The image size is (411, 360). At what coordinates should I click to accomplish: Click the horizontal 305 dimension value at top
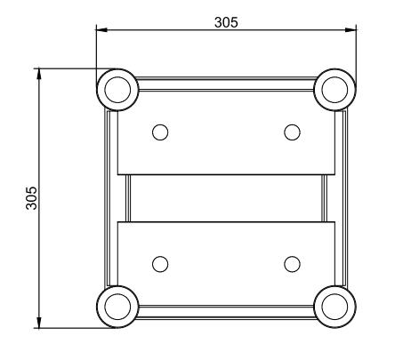(227, 22)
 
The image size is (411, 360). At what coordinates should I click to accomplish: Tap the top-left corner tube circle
(117, 88)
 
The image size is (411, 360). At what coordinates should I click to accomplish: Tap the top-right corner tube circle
(335, 88)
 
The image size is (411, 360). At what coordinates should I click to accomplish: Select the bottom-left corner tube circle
(117, 307)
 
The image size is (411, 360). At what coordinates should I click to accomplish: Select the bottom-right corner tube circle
(335, 307)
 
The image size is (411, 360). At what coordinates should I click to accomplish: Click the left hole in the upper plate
(160, 132)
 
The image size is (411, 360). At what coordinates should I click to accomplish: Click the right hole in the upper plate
(292, 132)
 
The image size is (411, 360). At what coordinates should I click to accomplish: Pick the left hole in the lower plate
(160, 263)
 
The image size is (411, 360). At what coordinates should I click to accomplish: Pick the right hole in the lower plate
(292, 263)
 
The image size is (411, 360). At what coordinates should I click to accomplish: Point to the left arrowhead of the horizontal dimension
(101, 31)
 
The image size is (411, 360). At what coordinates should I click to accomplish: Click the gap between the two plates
(226, 197)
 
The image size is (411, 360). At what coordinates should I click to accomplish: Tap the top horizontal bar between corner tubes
(226, 81)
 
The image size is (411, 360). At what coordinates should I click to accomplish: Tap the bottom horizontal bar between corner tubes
(226, 314)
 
